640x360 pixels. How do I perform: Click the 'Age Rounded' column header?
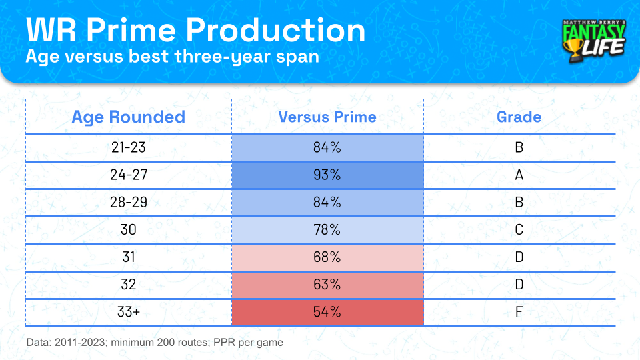coord(128,117)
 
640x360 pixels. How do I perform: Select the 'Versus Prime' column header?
coord(327,117)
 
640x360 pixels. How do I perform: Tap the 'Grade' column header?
coord(519,117)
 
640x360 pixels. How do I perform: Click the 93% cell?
coord(327,175)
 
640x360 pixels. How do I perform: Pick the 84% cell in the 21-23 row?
coord(327,147)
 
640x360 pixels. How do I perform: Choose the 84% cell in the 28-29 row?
coord(327,203)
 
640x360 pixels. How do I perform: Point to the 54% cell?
coord(327,312)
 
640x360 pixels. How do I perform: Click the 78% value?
coord(327,230)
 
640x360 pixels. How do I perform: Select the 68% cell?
coord(327,257)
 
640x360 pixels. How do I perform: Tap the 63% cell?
coord(327,285)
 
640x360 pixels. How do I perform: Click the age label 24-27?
coord(129,175)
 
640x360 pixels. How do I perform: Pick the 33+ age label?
coord(129,312)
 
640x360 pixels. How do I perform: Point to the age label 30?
coord(129,230)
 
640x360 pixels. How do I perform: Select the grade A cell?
coord(519,175)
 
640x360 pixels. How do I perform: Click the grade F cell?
coord(519,312)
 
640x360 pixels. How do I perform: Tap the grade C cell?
coord(519,230)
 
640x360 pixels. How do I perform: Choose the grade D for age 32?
coord(519,285)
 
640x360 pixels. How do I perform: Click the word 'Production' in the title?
coord(276,30)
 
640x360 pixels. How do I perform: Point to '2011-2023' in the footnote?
coord(79,343)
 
